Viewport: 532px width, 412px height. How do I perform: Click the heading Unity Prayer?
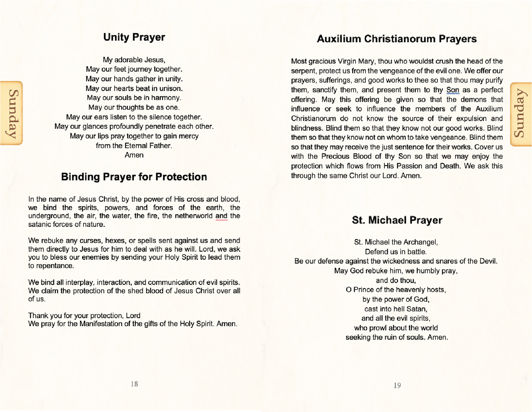click(x=134, y=37)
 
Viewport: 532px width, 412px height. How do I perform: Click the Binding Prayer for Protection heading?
click(x=134, y=177)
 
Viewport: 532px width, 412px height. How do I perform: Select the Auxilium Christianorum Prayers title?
click(x=397, y=39)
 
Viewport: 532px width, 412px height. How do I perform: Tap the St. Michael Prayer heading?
click(x=397, y=220)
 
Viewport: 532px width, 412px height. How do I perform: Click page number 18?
click(x=134, y=384)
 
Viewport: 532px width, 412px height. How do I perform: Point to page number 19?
click(x=397, y=386)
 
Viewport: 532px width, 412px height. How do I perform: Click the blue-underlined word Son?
click(x=453, y=90)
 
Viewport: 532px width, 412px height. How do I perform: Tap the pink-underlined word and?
click(x=221, y=216)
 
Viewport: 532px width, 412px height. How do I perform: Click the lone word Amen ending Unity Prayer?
click(x=134, y=155)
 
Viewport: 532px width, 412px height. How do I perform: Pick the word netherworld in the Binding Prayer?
click(x=194, y=216)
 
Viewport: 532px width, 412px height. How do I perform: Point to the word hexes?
click(x=115, y=241)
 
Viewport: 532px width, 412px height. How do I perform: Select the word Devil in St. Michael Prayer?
click(x=488, y=261)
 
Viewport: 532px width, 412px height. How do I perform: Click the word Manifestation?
click(x=101, y=324)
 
